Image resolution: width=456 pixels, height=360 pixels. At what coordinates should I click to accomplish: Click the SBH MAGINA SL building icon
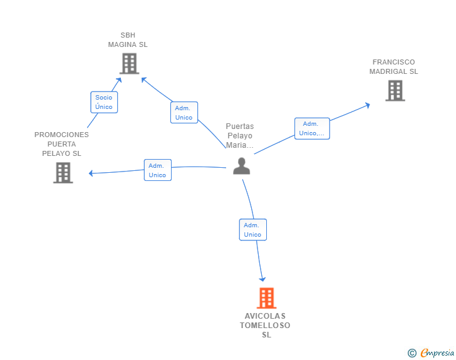pyautogui.click(x=129, y=63)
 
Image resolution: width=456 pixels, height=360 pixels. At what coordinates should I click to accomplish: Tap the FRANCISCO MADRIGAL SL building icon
pyautogui.click(x=395, y=91)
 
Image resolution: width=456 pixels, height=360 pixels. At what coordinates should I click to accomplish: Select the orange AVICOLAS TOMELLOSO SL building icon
pyautogui.click(x=266, y=298)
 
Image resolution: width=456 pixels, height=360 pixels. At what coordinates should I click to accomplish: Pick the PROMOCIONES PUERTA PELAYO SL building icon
pyautogui.click(x=63, y=172)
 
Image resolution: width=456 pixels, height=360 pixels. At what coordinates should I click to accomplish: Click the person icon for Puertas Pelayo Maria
pyautogui.click(x=241, y=166)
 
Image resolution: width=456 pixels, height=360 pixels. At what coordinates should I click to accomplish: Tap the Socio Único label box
pyautogui.click(x=104, y=102)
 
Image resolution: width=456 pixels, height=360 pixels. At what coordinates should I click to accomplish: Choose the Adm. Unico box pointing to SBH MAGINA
pyautogui.click(x=184, y=113)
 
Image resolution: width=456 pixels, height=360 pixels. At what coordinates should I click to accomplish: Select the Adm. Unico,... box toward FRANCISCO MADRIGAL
pyautogui.click(x=312, y=128)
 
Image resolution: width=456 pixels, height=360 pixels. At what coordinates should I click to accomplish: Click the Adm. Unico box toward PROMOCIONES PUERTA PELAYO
pyautogui.click(x=157, y=170)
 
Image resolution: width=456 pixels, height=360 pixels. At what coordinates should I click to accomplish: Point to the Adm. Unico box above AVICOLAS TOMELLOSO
pyautogui.click(x=252, y=230)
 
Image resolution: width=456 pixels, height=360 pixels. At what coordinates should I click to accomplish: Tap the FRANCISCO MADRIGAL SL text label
pyautogui.click(x=393, y=67)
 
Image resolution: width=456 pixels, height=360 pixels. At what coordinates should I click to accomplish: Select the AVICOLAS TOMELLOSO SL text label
pyautogui.click(x=266, y=325)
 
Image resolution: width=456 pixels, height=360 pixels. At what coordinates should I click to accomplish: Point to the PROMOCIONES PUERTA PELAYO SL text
pyautogui.click(x=61, y=144)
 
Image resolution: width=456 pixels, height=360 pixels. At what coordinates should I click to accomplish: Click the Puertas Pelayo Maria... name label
pyautogui.click(x=240, y=136)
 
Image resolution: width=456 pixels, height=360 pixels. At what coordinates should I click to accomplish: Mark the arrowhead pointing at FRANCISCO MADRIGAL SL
pyautogui.click(x=367, y=105)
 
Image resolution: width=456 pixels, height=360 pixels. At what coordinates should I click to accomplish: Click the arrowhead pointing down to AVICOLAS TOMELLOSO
pyautogui.click(x=262, y=279)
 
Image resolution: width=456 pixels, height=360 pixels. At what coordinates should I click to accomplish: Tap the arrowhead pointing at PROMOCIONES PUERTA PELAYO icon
pyautogui.click(x=91, y=173)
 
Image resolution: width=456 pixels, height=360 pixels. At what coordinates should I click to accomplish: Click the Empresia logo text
pyautogui.click(x=437, y=352)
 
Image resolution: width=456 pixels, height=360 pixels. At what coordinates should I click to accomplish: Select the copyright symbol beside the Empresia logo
pyautogui.click(x=412, y=353)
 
